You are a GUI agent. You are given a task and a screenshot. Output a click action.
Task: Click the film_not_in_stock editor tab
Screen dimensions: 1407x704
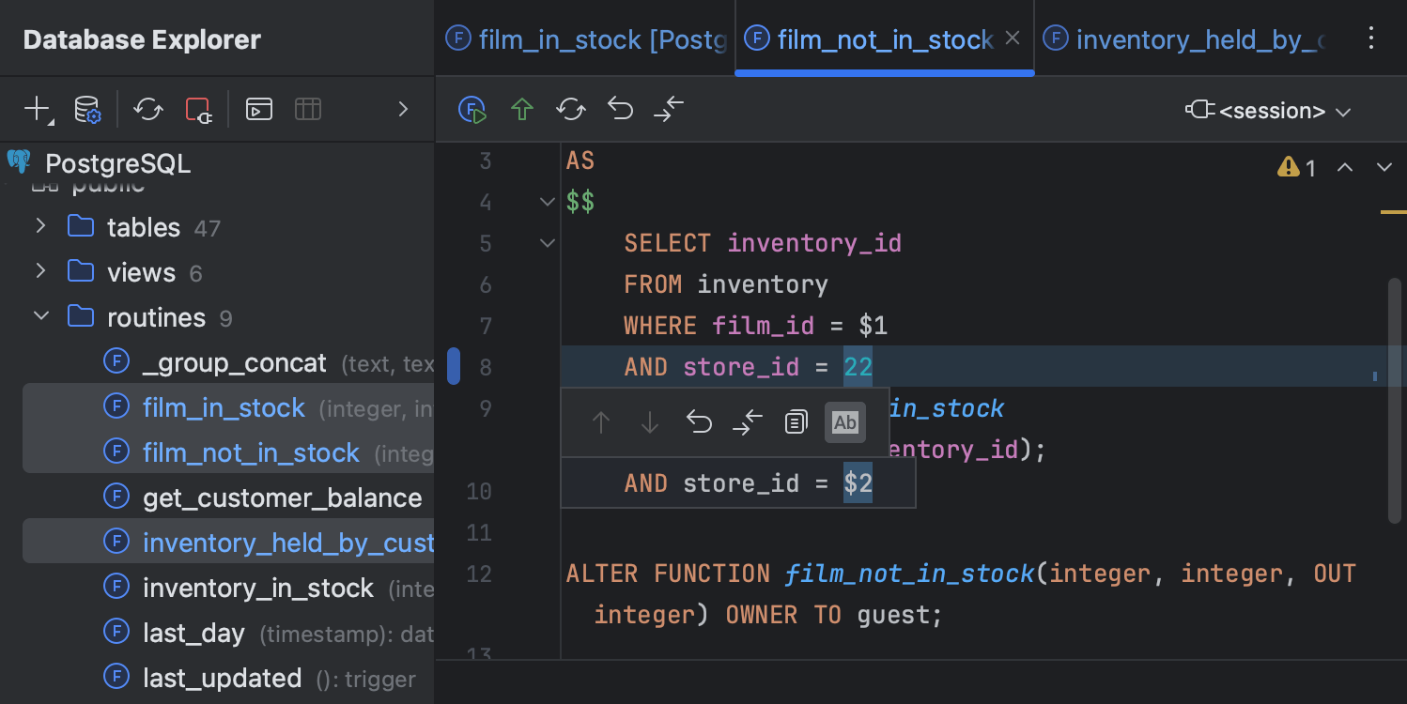[885, 39]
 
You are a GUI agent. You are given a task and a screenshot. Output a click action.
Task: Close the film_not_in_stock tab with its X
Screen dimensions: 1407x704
[1013, 38]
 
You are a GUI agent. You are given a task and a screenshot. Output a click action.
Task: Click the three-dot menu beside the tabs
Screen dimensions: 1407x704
[1371, 38]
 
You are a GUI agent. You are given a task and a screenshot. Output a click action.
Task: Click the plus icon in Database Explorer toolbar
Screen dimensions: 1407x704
[37, 109]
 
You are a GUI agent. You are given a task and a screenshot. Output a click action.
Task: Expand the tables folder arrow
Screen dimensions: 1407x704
[40, 226]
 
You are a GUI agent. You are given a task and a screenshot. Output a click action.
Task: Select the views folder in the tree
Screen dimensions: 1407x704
[141, 272]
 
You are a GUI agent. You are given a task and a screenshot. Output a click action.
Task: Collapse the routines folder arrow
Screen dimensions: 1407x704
[40, 316]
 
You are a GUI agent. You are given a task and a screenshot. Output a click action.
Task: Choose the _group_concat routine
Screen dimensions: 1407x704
[234, 362]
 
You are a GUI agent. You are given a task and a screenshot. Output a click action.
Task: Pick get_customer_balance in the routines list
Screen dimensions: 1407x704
[282, 497]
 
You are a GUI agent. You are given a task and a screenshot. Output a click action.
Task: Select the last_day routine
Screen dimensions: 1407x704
[193, 633]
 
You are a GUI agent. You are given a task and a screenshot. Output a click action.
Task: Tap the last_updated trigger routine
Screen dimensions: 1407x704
[222, 678]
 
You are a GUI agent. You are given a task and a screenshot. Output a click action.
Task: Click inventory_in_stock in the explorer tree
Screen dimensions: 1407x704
[257, 588]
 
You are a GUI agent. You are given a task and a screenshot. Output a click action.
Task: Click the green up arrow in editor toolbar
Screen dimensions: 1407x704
[522, 110]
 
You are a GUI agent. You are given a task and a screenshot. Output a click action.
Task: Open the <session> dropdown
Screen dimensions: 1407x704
[1270, 111]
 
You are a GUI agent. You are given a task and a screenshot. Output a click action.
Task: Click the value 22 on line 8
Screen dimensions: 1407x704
[858, 366]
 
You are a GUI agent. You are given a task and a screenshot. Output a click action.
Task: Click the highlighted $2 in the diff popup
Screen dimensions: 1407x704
[858, 483]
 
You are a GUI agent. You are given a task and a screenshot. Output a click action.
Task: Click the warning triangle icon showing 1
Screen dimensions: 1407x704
[1288, 167]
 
